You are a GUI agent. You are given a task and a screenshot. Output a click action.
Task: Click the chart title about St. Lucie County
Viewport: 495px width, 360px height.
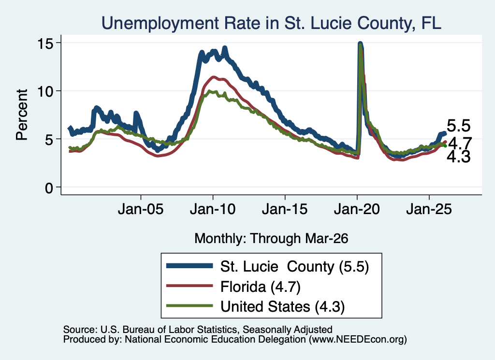(x=271, y=23)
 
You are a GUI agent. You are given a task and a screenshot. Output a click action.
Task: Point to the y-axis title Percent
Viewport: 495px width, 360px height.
(x=22, y=115)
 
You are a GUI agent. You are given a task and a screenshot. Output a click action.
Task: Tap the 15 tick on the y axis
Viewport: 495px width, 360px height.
(x=45, y=43)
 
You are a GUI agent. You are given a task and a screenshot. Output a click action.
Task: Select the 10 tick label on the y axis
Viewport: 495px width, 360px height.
(x=45, y=91)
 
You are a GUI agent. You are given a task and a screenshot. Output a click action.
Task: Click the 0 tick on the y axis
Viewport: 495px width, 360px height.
(x=49, y=188)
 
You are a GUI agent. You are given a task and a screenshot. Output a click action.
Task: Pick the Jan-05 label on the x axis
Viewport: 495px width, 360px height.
(x=141, y=209)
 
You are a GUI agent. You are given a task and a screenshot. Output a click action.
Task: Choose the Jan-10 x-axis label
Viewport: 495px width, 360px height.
(x=213, y=209)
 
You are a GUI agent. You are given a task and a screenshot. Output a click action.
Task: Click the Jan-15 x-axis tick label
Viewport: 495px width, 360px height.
(x=285, y=209)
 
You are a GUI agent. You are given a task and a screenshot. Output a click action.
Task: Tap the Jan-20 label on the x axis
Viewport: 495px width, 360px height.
(x=357, y=209)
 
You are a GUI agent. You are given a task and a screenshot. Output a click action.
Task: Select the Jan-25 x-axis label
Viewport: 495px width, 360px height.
(x=429, y=209)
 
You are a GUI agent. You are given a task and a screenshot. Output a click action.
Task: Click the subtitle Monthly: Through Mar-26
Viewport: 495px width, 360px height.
(x=271, y=239)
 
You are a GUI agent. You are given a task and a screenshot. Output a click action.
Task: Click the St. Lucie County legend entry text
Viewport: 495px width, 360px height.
(x=294, y=267)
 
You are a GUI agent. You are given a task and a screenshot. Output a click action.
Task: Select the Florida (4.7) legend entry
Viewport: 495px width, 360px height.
(x=261, y=287)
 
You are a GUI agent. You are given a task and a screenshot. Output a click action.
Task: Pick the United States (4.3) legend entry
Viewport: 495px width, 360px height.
(x=282, y=307)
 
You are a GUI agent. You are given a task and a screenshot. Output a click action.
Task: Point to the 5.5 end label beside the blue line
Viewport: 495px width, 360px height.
(x=459, y=126)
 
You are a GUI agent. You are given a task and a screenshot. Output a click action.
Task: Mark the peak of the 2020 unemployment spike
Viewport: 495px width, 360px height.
(x=360, y=43)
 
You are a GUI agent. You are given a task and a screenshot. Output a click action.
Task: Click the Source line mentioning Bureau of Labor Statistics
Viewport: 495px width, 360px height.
(x=198, y=330)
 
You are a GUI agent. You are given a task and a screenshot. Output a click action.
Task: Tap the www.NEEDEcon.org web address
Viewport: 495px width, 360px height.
(x=358, y=340)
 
